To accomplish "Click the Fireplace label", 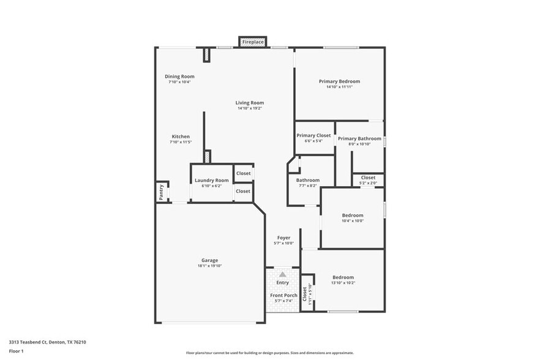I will coord(253,42).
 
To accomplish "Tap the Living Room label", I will coord(250,103).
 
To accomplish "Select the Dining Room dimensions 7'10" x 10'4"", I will coord(179,82).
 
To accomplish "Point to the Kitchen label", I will coord(181,137).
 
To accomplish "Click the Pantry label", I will coord(161,192).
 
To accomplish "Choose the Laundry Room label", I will coord(212,180).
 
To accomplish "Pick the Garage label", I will coord(209,260).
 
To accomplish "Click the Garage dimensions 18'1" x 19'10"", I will coord(209,266).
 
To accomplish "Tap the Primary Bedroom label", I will coord(339,81).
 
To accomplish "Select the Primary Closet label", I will coord(313,135).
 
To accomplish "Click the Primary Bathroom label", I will coord(359,139).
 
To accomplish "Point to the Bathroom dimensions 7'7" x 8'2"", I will coord(308,186).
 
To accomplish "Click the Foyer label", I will coord(283,238).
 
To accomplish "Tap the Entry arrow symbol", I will coord(282,275).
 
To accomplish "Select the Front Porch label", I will coord(283,296).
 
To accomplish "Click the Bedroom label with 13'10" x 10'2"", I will coord(343,277).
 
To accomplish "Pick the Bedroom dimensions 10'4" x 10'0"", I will coord(353,221).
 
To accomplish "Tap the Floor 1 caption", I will coord(16,351).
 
